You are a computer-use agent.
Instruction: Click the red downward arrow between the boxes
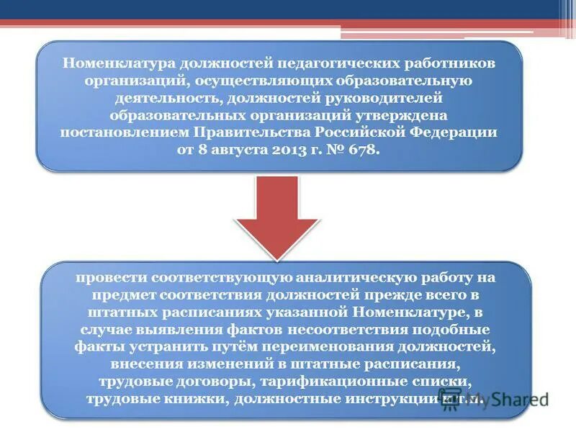pyautogui.click(x=277, y=216)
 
